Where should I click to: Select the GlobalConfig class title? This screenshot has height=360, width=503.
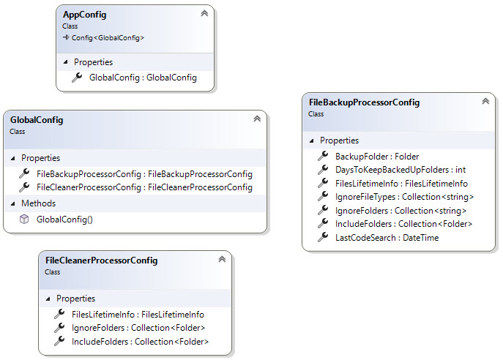tap(37, 120)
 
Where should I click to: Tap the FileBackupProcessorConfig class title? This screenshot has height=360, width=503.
tap(364, 102)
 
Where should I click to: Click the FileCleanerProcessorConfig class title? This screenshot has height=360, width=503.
tap(101, 260)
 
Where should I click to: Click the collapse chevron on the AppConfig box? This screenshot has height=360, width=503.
tap(204, 13)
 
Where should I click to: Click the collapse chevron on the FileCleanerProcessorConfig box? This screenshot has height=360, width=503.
tap(221, 259)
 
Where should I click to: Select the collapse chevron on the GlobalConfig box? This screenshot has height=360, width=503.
tap(256, 119)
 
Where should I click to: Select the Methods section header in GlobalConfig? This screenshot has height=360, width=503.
tap(38, 203)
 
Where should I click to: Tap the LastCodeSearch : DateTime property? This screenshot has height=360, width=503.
tap(376, 238)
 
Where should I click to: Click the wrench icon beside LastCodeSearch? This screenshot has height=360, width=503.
tap(322, 238)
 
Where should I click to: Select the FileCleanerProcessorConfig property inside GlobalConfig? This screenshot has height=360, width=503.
tap(144, 187)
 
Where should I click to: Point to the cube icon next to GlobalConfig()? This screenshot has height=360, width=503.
tap(23, 219)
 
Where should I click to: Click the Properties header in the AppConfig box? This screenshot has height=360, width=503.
tap(93, 61)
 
